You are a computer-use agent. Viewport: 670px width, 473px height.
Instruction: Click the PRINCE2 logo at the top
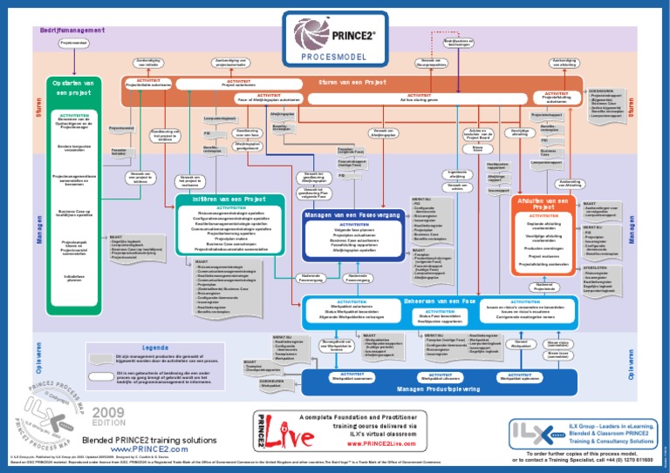[x=334, y=36]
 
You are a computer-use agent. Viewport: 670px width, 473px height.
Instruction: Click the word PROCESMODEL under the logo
[x=334, y=57]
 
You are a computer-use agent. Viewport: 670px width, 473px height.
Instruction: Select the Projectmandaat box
[x=73, y=43]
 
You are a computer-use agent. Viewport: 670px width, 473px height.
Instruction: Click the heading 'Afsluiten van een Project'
[x=544, y=204]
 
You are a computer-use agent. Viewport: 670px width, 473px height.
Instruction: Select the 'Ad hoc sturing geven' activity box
[x=418, y=99]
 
